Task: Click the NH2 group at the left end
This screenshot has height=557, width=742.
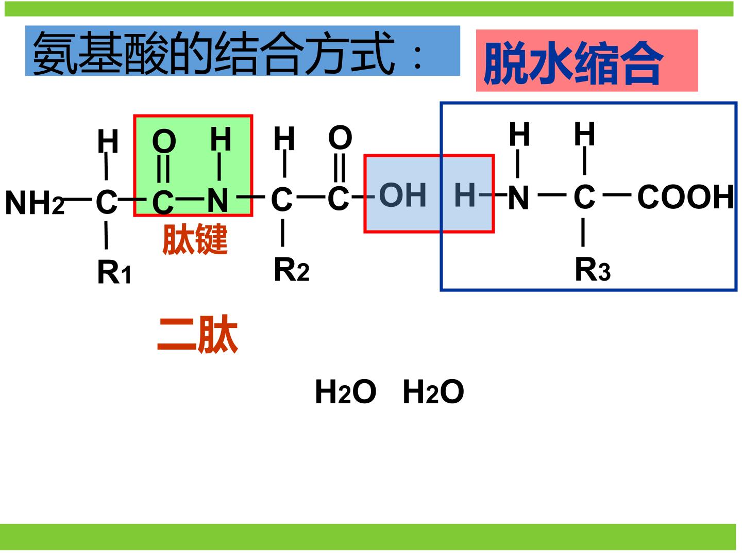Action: pos(35,202)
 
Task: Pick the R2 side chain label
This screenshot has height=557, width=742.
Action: pos(292,270)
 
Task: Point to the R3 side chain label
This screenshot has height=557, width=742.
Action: pos(593,269)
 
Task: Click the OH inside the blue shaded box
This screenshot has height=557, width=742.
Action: pos(402,195)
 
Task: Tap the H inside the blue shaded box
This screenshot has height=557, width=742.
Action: pos(465,195)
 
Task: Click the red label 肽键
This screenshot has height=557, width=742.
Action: pos(195,239)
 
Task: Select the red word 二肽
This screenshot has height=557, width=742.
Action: pos(198,334)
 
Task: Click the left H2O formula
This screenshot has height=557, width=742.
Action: pos(345,391)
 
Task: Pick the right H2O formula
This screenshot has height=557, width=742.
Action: pos(433,391)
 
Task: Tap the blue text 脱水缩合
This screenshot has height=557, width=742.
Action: pos(573,63)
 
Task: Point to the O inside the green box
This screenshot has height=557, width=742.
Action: pos(164,141)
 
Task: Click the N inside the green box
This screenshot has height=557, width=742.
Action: pos(217,200)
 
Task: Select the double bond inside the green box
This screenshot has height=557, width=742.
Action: pos(164,169)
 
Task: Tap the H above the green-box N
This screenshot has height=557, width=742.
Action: pos(221,139)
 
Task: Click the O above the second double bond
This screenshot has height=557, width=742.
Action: pos(340,137)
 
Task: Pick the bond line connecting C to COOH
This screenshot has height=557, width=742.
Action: pos(617,194)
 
